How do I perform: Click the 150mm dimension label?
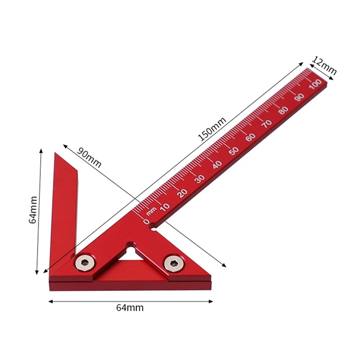(212, 129)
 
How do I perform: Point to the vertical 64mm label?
(33, 210)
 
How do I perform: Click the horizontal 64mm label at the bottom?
(130, 308)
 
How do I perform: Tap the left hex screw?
(85, 263)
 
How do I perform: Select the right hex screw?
(174, 264)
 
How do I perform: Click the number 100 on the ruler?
(315, 84)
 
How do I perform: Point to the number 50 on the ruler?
(234, 151)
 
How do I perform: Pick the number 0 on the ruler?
(146, 221)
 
